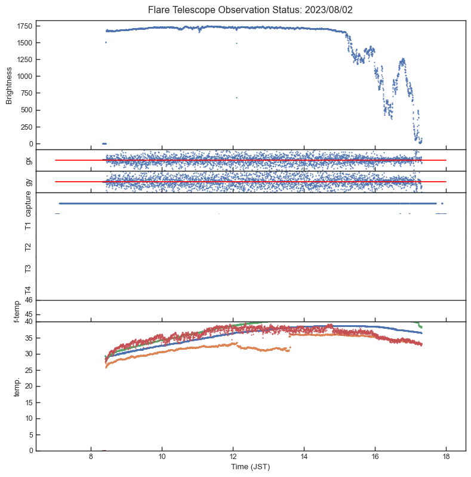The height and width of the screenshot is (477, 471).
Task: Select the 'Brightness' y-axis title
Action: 10,85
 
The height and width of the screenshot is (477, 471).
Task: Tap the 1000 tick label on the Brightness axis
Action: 24,77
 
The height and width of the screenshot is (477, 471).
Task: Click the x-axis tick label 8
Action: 91,457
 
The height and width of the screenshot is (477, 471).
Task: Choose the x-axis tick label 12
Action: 233,457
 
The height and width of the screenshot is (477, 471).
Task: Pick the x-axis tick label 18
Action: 446,457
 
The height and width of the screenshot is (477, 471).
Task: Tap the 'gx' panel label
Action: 28,160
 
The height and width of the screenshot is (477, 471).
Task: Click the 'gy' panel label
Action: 28,182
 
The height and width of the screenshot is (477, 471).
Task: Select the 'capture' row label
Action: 28,204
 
